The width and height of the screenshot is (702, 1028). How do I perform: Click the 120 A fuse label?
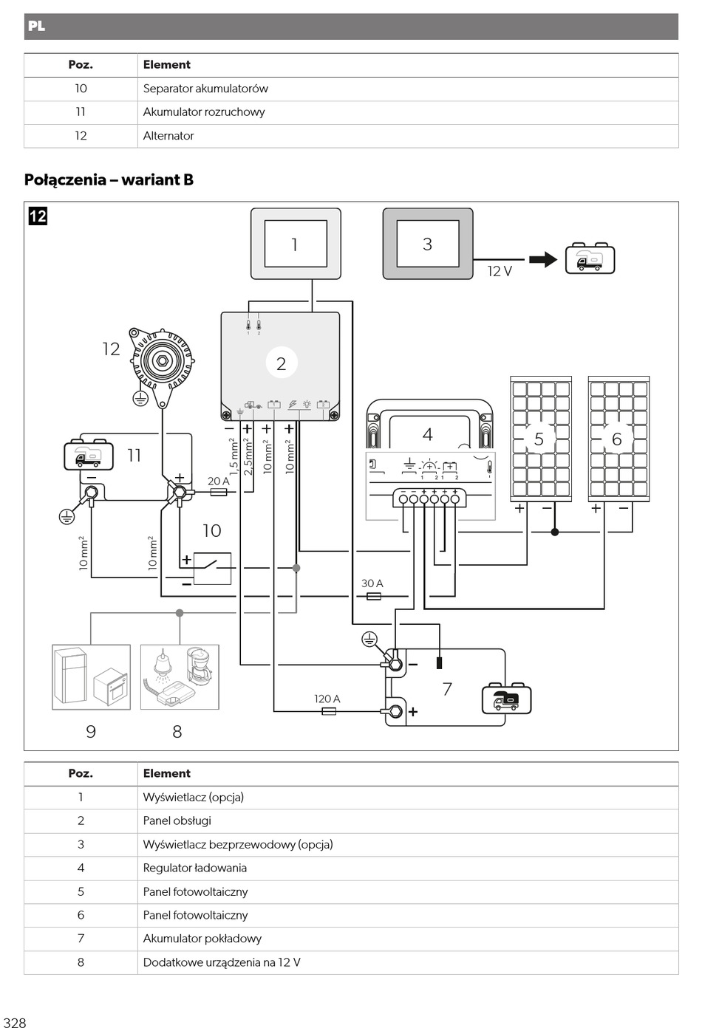click(x=327, y=699)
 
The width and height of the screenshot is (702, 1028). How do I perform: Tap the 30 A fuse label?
click(x=372, y=583)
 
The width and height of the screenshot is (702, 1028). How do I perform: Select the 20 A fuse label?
click(x=218, y=481)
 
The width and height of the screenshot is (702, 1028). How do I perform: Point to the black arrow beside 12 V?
click(x=543, y=260)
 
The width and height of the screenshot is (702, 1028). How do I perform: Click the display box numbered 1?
click(x=296, y=244)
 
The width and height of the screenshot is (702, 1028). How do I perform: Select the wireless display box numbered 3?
click(x=428, y=244)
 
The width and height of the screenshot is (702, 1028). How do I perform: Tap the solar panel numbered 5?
click(x=541, y=439)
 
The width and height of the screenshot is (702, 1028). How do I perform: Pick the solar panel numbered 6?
click(x=619, y=439)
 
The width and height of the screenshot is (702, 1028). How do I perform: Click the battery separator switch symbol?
click(x=212, y=569)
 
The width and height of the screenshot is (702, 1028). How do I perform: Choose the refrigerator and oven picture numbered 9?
click(x=92, y=677)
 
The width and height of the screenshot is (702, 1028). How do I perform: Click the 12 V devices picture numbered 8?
click(x=180, y=677)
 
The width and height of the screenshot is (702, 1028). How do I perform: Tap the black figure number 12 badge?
click(x=38, y=216)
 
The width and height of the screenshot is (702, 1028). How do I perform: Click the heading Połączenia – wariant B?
click(x=109, y=179)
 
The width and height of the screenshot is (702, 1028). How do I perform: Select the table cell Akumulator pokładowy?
click(x=202, y=939)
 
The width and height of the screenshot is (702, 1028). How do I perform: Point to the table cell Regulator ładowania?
click(x=194, y=868)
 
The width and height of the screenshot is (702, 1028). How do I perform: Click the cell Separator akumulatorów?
click(x=205, y=89)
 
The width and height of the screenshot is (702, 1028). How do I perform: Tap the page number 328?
click(x=14, y=1023)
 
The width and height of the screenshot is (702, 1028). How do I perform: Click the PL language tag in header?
click(x=36, y=26)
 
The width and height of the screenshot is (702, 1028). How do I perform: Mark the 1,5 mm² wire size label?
click(x=234, y=456)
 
